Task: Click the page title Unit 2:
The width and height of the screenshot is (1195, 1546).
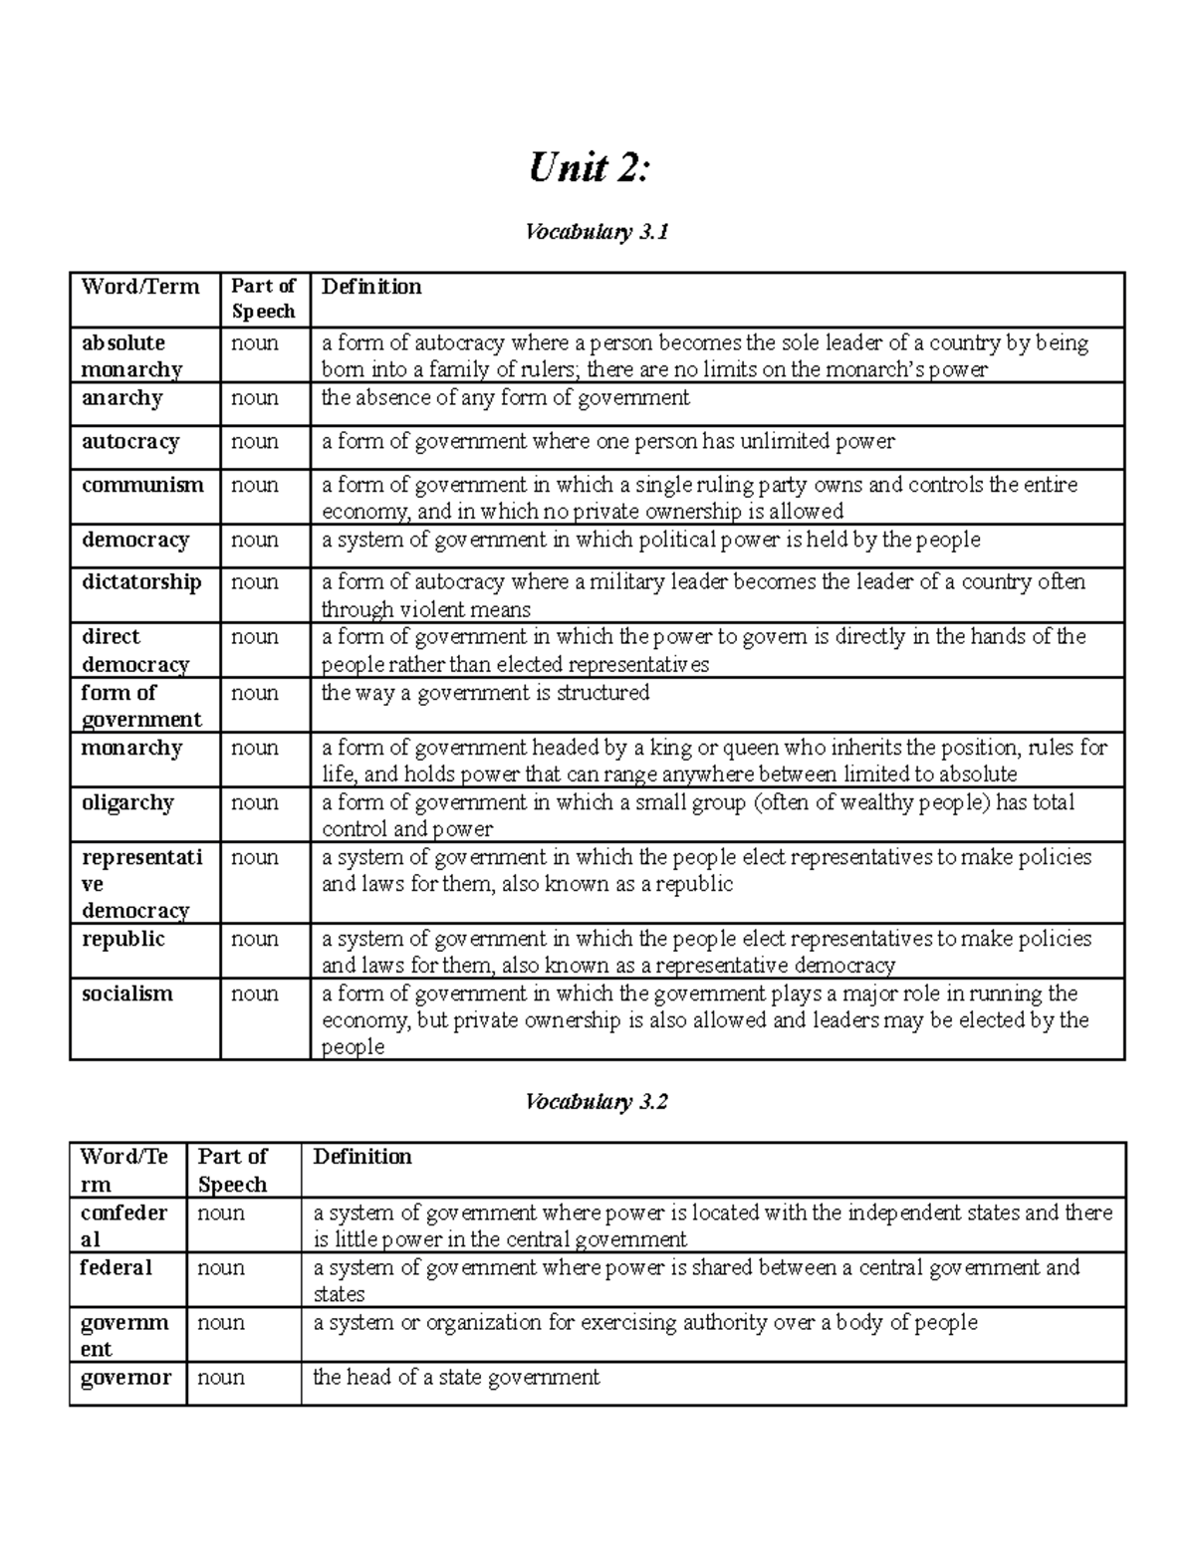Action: coord(589,168)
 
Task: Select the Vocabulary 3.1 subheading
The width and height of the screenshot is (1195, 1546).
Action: coord(597,232)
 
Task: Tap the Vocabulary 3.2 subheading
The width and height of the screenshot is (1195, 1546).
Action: coord(597,1102)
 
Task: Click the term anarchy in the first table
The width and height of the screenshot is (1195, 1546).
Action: coord(121,398)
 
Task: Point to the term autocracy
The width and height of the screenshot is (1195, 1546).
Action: coord(130,442)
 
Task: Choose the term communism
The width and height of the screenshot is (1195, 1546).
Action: coord(142,486)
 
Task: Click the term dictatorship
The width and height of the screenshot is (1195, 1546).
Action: coord(141,582)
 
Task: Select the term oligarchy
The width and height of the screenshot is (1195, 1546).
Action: coord(127,803)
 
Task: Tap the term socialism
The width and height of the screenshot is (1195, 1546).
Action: coord(127,994)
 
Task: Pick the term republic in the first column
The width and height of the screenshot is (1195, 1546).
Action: coord(123,939)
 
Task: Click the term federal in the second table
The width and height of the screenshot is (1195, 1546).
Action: coord(117,1267)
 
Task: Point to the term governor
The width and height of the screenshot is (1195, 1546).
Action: coord(125,1378)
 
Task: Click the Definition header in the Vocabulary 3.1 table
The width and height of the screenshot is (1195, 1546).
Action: coord(371,287)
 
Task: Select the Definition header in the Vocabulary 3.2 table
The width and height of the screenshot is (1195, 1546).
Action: coord(362,1157)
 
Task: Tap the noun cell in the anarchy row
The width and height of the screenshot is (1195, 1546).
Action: coord(255,398)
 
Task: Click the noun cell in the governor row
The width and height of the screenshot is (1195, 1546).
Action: coord(221,1378)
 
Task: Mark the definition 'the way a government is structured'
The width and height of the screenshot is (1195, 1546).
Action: coord(485,693)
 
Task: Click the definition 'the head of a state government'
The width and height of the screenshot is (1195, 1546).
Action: coord(456,1378)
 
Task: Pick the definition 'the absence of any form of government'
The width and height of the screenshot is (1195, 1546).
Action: coord(505,398)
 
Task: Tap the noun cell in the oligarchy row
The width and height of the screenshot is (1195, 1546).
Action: coord(255,803)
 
